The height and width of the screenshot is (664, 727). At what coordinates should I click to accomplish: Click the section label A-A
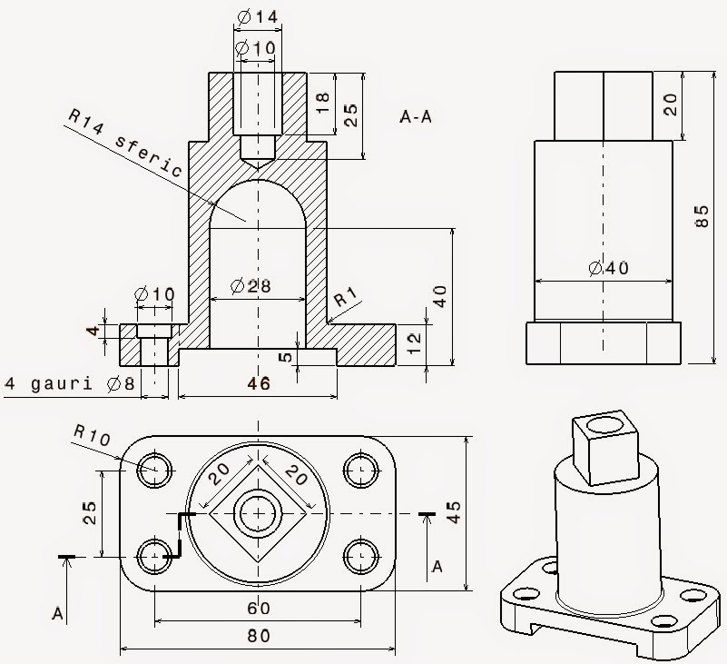point(416,116)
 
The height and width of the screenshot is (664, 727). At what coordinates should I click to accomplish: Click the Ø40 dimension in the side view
point(607,268)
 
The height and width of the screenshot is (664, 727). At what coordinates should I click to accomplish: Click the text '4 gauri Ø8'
point(70,384)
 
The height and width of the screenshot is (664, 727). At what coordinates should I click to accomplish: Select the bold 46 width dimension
point(259,384)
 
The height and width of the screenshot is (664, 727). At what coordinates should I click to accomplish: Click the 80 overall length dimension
point(259,637)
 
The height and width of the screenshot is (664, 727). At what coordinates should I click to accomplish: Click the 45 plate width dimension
point(483,512)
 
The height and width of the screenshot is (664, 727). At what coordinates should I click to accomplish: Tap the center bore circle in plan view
point(259,514)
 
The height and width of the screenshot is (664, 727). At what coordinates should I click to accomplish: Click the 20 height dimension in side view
point(671,104)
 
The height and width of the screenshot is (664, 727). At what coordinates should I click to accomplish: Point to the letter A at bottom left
point(56,615)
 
